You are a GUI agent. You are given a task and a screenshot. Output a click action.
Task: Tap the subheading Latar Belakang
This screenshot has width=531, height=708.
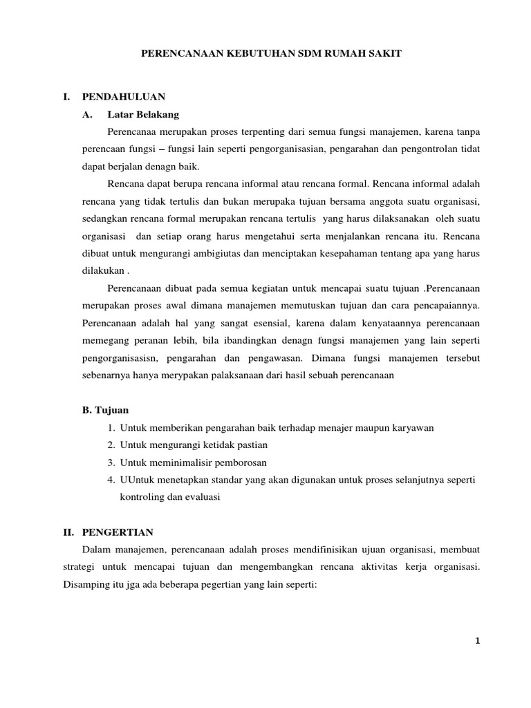(143, 114)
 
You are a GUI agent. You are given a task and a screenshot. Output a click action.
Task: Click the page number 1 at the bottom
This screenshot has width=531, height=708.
(477, 641)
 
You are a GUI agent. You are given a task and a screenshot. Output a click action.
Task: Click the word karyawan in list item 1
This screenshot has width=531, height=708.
(411, 427)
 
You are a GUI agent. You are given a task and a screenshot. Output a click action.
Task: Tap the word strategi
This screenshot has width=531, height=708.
(99, 567)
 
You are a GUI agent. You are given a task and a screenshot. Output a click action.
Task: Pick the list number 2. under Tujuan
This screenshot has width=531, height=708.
(111, 445)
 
